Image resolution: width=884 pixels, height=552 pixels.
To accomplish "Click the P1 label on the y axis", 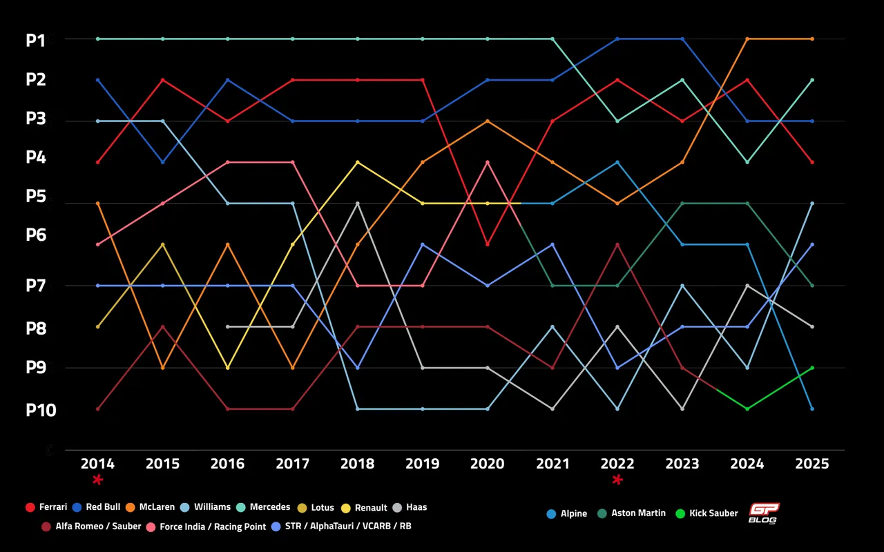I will [x=35, y=41].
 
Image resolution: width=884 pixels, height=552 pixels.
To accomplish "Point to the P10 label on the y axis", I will [x=41, y=410].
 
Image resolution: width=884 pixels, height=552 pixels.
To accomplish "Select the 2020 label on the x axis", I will [x=488, y=464].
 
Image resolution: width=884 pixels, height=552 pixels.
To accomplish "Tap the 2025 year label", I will [x=811, y=464].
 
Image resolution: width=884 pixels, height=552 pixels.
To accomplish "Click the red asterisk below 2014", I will [x=98, y=480].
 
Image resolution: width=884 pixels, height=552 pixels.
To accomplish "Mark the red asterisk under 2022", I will [x=617, y=480].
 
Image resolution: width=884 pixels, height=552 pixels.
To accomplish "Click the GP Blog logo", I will [x=764, y=513].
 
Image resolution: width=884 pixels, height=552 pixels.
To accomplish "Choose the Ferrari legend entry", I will [x=46, y=507].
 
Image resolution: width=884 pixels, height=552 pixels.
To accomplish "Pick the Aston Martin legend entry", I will [x=631, y=513].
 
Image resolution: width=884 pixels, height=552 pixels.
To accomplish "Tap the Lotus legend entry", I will [x=316, y=507].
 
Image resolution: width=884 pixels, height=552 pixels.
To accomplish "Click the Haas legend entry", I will [x=410, y=507].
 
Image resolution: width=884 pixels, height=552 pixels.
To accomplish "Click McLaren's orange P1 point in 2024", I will [x=747, y=39].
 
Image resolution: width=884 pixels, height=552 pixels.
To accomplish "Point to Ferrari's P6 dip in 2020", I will [x=488, y=244].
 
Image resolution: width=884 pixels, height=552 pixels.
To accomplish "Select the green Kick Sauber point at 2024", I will [x=747, y=408].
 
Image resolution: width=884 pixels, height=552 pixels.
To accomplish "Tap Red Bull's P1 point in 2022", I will [x=617, y=39].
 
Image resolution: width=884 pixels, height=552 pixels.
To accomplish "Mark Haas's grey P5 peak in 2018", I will [x=358, y=204].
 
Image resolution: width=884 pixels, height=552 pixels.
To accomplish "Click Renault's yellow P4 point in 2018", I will [x=358, y=162].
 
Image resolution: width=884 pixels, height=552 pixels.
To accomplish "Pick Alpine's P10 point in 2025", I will [x=811, y=408].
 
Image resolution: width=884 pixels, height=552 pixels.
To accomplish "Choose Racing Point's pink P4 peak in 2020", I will [x=488, y=162].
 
